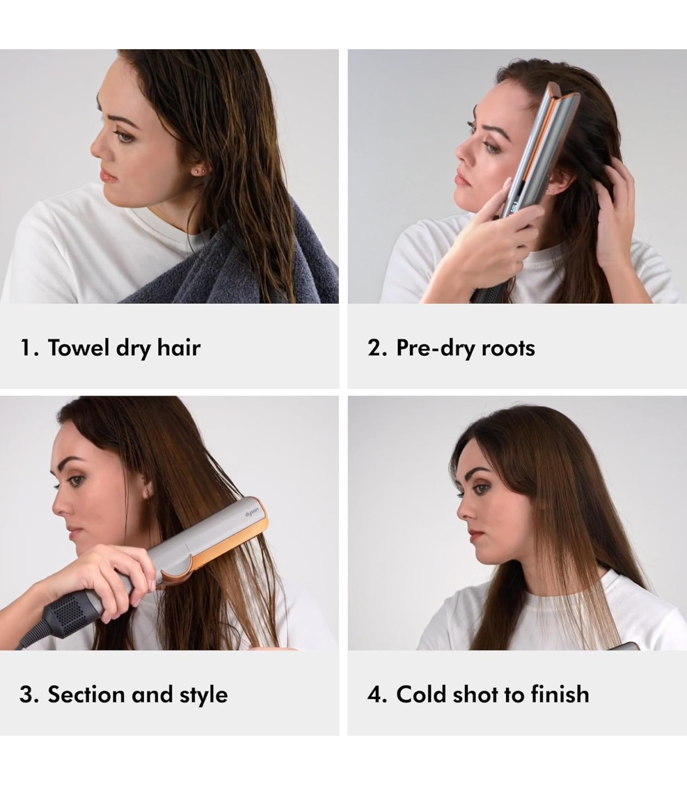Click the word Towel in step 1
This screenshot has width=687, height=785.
pos(78,348)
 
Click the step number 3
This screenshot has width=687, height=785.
pos(26,695)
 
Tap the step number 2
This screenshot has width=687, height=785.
pos(374,348)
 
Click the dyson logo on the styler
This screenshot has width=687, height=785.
pos(252,513)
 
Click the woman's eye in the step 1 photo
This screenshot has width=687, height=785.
pos(124,136)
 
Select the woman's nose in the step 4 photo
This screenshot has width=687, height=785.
pos(464,510)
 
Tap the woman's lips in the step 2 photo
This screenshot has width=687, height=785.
pos(463,179)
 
